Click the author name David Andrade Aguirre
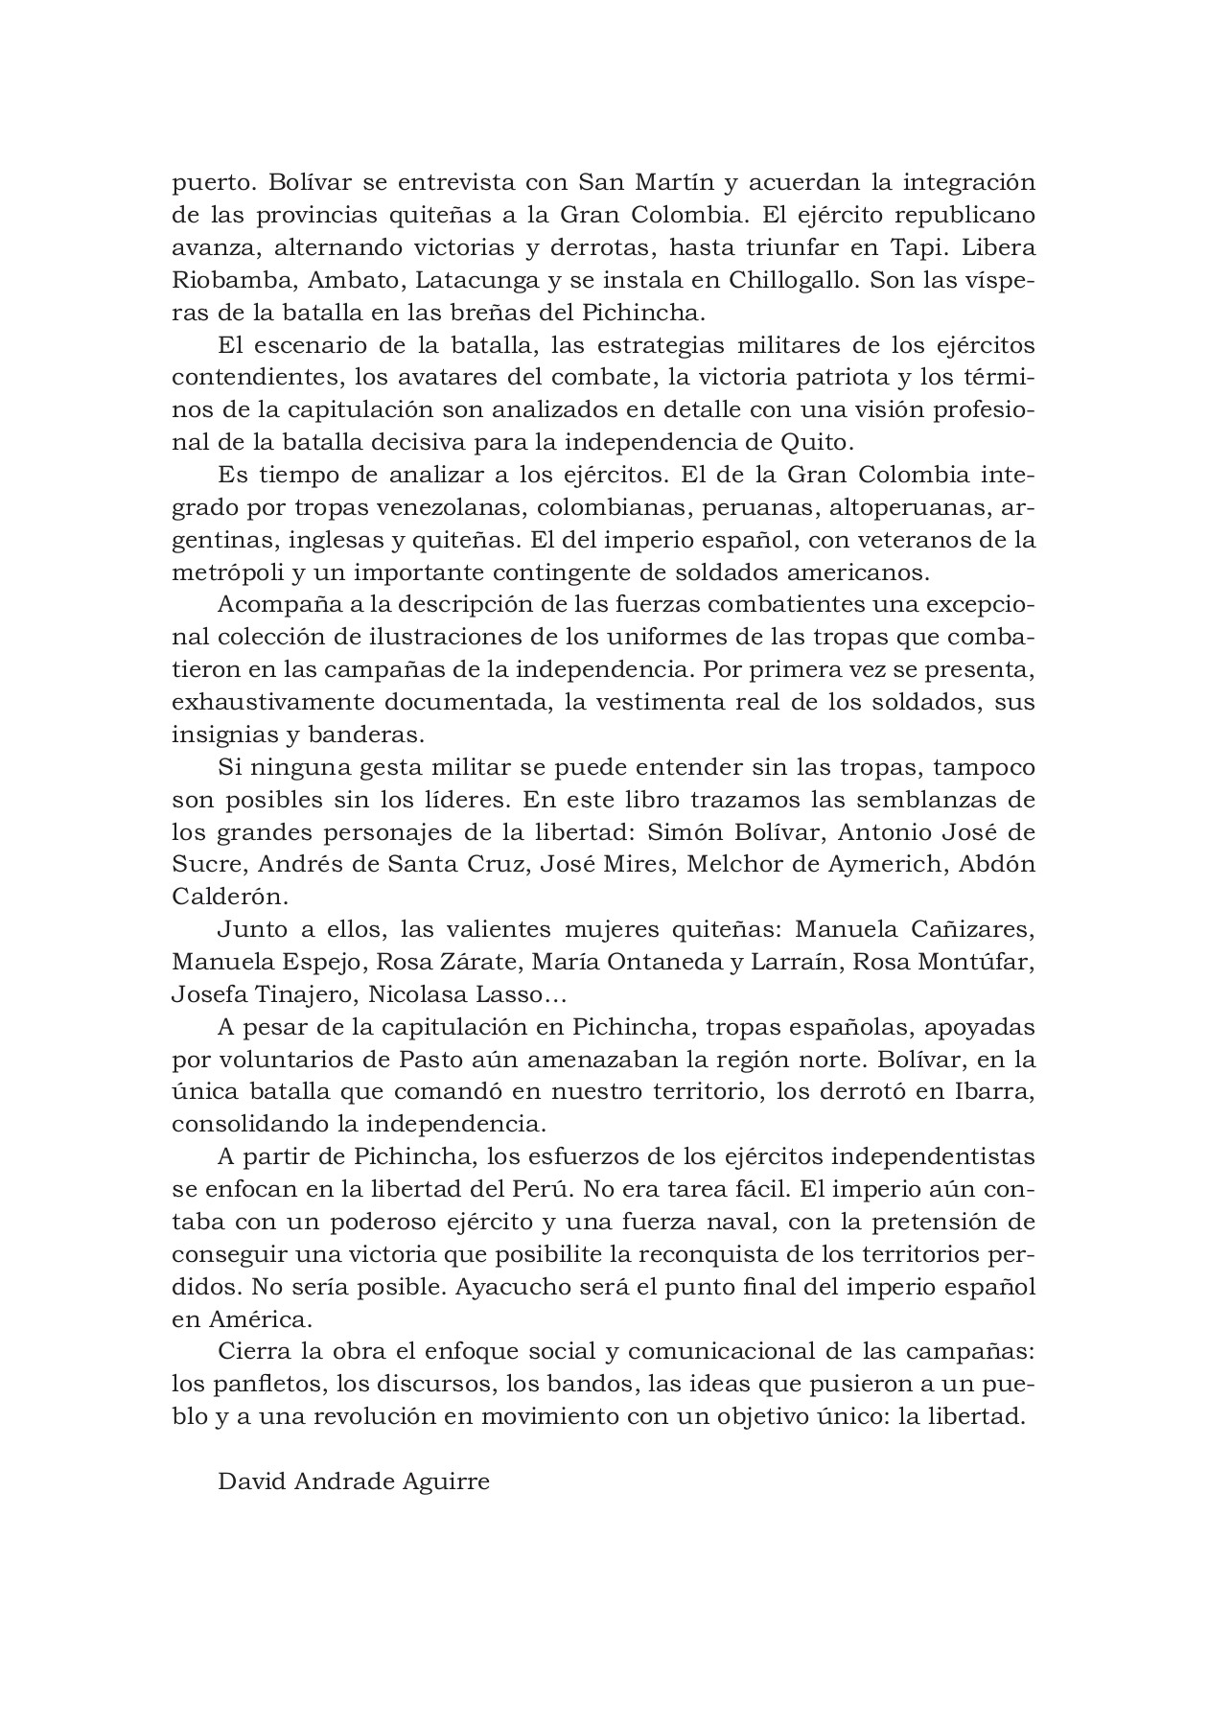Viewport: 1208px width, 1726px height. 354,1481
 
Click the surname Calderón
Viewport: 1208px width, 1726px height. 228,897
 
